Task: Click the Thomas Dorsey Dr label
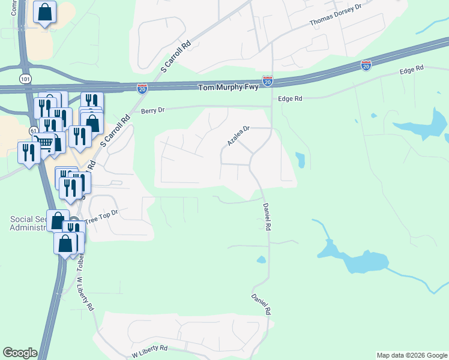point(337,15)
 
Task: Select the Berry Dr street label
point(152,110)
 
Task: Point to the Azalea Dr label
point(238,136)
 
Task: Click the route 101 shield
point(25,79)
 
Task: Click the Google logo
point(20,353)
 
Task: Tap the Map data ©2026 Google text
point(412,355)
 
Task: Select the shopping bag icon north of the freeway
point(45,12)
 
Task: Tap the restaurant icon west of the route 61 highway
point(28,152)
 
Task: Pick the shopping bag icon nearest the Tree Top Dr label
point(57,220)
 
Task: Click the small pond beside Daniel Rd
point(261,260)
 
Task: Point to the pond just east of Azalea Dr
point(300,160)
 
